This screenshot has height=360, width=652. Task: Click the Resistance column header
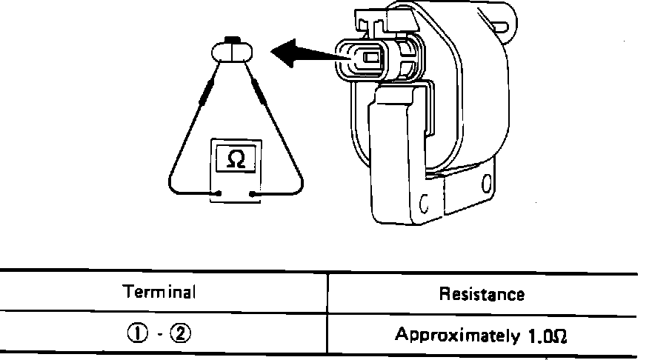tap(482, 294)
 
